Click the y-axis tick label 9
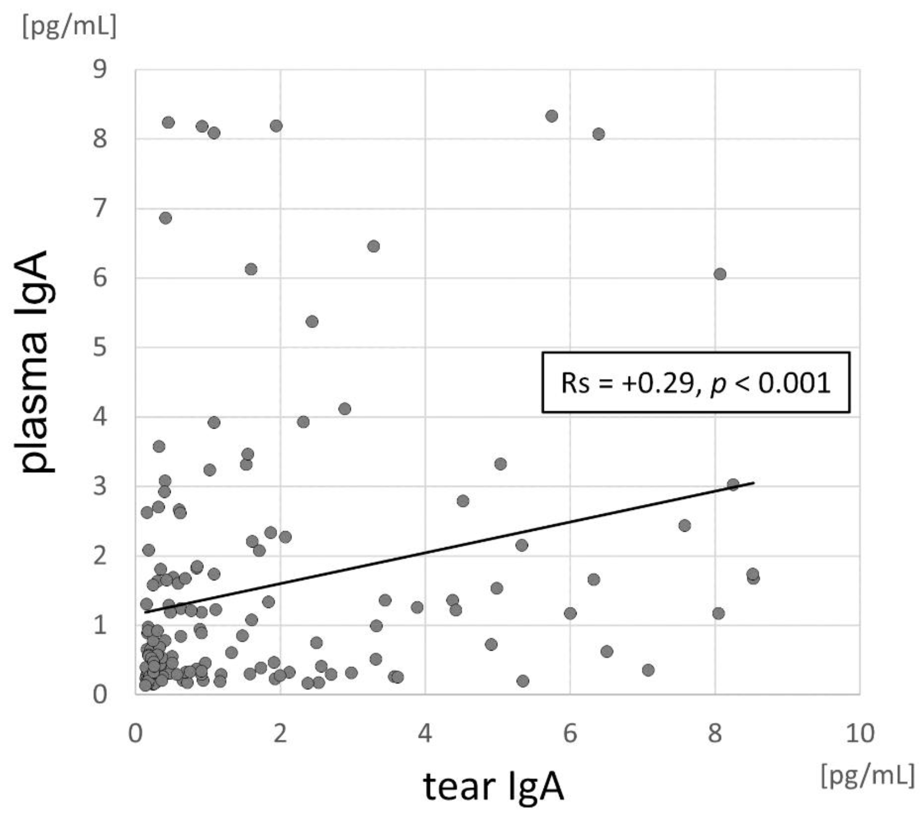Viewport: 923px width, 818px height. click(100, 70)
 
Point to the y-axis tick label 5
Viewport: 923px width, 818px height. click(100, 347)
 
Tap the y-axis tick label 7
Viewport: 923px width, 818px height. click(100, 209)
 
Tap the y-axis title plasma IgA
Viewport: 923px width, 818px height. click(35, 361)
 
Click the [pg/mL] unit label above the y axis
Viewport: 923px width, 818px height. click(70, 27)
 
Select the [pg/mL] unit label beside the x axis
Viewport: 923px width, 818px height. click(867, 775)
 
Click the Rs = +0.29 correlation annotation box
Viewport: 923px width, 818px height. click(695, 382)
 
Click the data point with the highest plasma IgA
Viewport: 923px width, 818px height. click(551, 116)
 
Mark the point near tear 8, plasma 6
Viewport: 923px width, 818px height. click(720, 274)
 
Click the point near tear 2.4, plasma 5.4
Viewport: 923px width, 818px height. click(312, 321)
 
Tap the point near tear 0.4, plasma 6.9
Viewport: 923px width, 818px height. click(166, 218)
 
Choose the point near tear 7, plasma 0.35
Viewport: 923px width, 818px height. click(648, 670)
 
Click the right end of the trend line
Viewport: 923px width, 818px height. click(753, 483)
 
